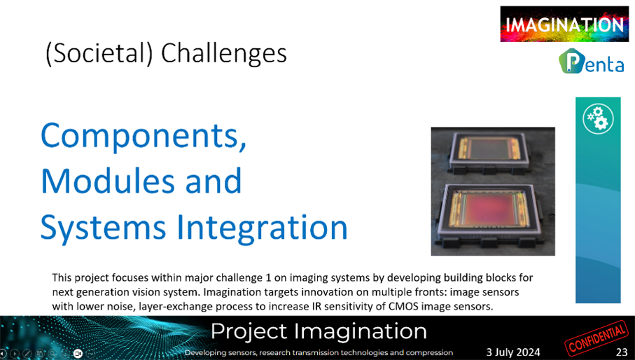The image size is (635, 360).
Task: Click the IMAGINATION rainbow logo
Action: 564,24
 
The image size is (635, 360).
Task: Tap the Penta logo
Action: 592,61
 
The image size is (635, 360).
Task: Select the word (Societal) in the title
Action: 99,54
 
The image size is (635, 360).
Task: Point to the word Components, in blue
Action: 144,136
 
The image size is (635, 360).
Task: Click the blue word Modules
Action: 108,181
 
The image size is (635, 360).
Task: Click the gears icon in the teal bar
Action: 598,119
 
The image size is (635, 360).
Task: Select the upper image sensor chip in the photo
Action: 489,151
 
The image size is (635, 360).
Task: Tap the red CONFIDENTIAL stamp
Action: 596,338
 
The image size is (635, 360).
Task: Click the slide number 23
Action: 622,352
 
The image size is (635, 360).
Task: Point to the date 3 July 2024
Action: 513,352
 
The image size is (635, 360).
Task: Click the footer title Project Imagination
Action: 319,331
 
